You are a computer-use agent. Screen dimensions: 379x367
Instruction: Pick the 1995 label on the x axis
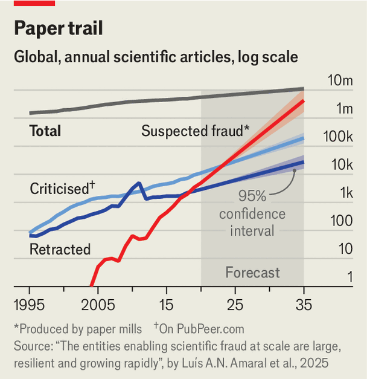pyautogui.click(x=30, y=305)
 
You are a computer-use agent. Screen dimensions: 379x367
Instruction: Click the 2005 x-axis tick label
pyautogui.click(x=98, y=305)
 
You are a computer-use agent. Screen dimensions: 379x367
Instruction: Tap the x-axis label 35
pyautogui.click(x=304, y=305)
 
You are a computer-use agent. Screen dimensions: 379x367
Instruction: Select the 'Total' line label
pyautogui.click(x=45, y=131)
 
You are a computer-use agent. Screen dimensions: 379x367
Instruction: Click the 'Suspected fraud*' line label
pyautogui.click(x=195, y=131)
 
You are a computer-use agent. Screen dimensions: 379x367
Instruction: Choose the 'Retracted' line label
pyautogui.click(x=60, y=249)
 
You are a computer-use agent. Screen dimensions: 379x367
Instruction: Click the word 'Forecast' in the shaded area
pyautogui.click(x=252, y=272)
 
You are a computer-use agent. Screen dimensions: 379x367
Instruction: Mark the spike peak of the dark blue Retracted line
pyautogui.click(x=139, y=183)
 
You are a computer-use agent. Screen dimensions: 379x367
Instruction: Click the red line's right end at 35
pyautogui.click(x=303, y=102)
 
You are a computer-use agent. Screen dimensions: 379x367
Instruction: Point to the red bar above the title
pyautogui.click(x=34, y=3)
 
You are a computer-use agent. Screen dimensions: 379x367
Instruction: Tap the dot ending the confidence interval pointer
pyautogui.click(x=294, y=170)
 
